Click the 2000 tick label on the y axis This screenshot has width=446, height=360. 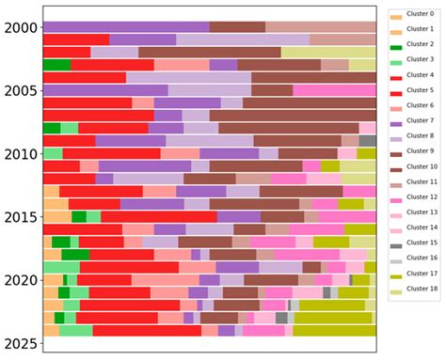[20, 27]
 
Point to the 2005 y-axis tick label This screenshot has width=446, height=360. [20, 90]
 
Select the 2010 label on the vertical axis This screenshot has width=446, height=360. [20, 153]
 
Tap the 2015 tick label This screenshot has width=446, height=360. [20, 217]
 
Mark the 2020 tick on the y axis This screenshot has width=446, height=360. [20, 280]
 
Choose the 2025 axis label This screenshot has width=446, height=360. [20, 344]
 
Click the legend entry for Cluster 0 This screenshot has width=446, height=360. [415, 17]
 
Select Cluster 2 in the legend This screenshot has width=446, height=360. [415, 44]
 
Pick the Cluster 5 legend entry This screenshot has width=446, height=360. [415, 89]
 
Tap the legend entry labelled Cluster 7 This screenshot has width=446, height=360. [415, 119]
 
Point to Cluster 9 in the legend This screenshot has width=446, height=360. [415, 150]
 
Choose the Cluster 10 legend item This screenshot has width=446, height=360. [415, 165]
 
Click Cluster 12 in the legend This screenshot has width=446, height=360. [415, 196]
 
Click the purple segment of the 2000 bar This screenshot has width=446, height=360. [126, 27]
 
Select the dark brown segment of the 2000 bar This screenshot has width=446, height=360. [237, 27]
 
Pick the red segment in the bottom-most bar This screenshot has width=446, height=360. [146, 330]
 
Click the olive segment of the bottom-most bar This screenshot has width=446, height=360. [334, 330]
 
